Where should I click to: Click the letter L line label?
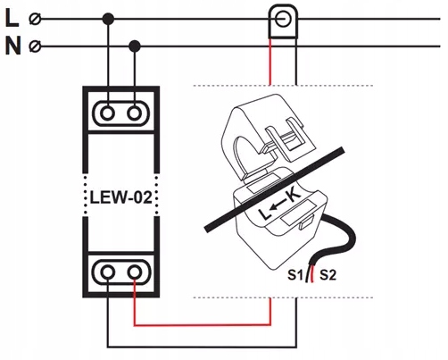[12, 17]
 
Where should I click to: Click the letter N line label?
[12, 45]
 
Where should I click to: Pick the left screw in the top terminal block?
[108, 113]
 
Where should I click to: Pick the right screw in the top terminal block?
[135, 113]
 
